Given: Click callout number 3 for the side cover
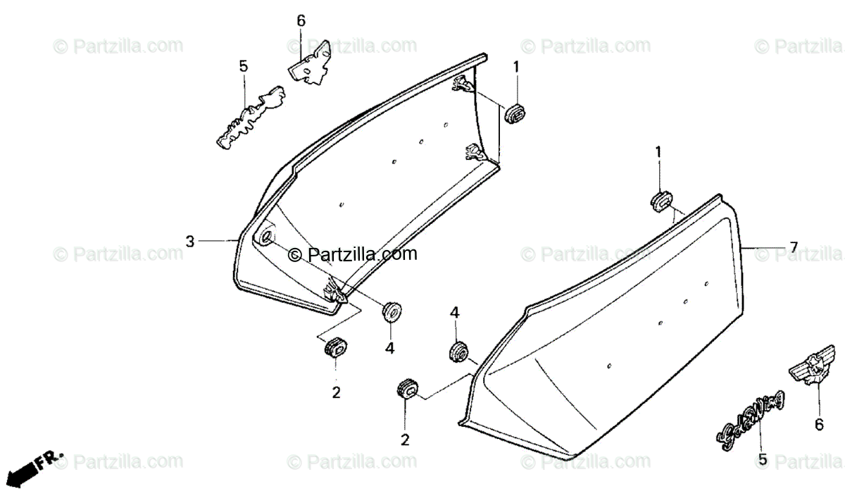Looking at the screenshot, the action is (x=189, y=242).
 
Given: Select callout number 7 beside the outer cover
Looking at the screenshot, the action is (x=793, y=247).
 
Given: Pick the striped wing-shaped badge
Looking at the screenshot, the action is (x=806, y=370).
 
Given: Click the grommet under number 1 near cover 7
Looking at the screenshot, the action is (x=660, y=201).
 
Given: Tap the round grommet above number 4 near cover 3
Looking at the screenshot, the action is (x=390, y=311).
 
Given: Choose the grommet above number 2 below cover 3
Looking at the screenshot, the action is (x=336, y=347).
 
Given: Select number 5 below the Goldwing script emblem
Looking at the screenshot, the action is (x=762, y=459).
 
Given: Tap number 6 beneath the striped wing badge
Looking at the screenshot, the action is (x=819, y=424).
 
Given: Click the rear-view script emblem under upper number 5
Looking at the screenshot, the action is (x=250, y=118).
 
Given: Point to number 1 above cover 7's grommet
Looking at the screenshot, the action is (x=658, y=151).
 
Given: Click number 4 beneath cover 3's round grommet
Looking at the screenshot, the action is (x=389, y=347).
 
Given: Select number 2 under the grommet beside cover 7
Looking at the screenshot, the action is (x=405, y=440).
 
